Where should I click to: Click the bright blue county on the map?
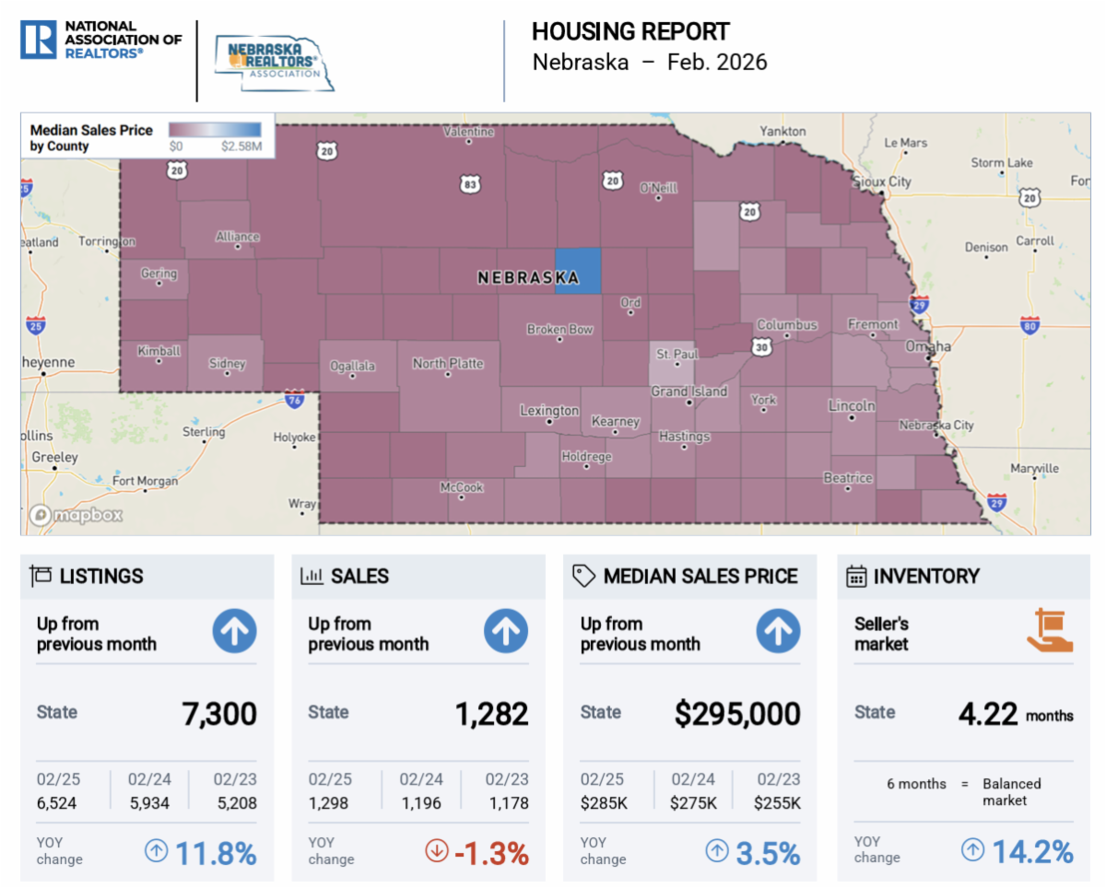pos(578,271)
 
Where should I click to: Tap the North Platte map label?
pos(448,363)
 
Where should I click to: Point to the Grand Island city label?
pos(689,391)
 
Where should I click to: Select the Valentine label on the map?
pos(469,132)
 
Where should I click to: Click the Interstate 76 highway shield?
pos(295,399)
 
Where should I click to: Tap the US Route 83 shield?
pos(470,184)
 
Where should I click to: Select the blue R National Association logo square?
pos(38,40)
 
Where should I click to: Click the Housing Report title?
pos(630,32)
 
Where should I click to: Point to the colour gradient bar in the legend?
pos(215,130)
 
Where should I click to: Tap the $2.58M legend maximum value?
pos(241,146)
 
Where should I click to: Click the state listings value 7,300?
pos(219,713)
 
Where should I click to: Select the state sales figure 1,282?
pos(492,713)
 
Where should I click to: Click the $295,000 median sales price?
pos(737,713)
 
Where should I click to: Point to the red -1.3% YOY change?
pos(491,853)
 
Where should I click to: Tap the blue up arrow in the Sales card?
pos(506,631)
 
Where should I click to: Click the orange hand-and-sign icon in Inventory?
pos(1050,630)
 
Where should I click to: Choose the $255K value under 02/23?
pos(777,802)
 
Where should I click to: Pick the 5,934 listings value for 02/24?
pos(149,802)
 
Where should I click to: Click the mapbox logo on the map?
pos(76,515)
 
